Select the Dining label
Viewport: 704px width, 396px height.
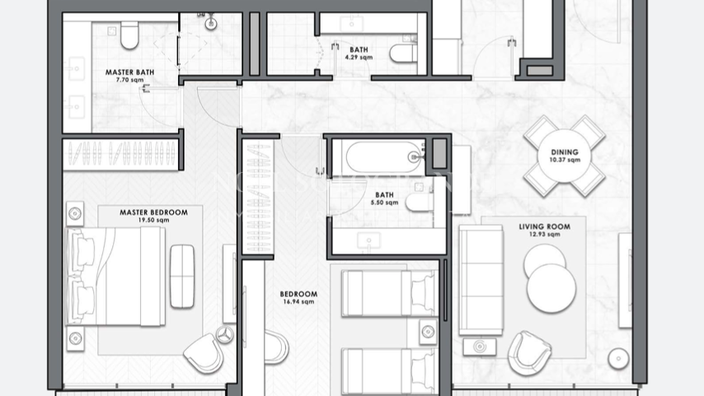pyautogui.click(x=566, y=151)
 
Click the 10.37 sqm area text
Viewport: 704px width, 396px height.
pyautogui.click(x=566, y=161)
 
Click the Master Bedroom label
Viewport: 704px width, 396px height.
pyautogui.click(x=153, y=212)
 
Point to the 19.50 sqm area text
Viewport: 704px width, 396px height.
pyautogui.click(x=153, y=221)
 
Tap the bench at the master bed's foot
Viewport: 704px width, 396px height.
pyautogui.click(x=181, y=276)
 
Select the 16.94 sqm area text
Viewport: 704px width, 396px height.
pyautogui.click(x=298, y=302)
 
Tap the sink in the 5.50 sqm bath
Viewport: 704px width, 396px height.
pyautogui.click(x=368, y=240)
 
